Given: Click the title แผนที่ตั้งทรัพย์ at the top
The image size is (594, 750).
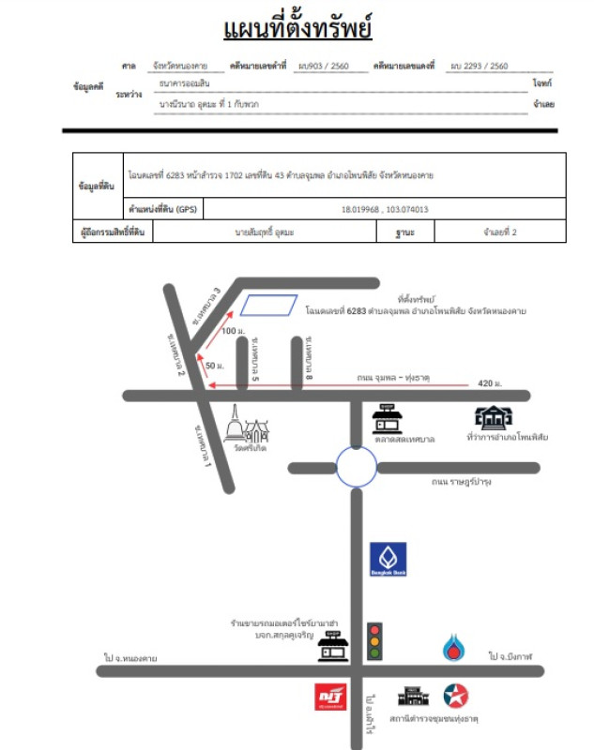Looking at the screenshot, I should tap(297, 28).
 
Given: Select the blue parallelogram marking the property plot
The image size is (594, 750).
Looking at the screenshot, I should tap(268, 304).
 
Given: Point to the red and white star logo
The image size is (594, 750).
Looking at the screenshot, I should tap(456, 696).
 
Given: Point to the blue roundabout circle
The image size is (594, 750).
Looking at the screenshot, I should tap(358, 466).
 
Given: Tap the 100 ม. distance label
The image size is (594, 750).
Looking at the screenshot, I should tap(232, 331).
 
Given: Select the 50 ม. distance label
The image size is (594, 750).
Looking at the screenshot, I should tap(214, 365).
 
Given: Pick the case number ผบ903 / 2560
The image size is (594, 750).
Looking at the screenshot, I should tap(317, 67).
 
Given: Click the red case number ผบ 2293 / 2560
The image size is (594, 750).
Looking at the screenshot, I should tap(479, 67).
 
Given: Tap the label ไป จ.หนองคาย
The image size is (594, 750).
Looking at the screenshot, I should tap(131, 658).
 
